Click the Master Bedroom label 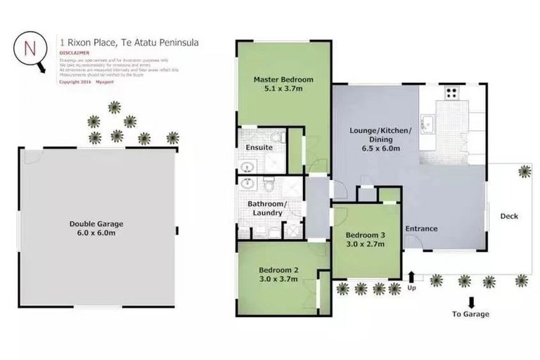(x=283, y=79)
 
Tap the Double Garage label (x=96, y=224)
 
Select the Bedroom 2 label (x=278, y=270)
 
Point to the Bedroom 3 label (x=365, y=236)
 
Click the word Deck (x=509, y=216)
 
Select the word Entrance (x=421, y=229)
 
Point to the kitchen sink (x=426, y=123)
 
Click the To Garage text (x=470, y=314)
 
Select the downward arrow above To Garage (x=489, y=283)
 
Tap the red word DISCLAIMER (x=74, y=52)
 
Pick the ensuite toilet (x=279, y=137)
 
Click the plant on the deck (x=525, y=171)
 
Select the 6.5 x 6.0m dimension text (x=376, y=149)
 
